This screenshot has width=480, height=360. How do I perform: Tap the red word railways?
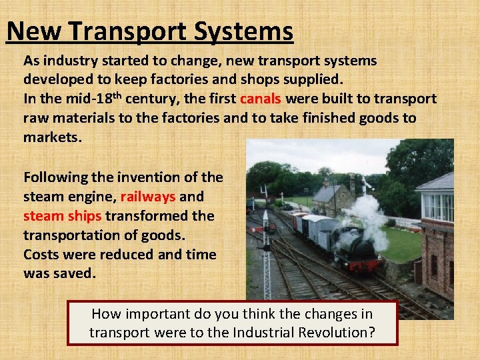coord(148,197)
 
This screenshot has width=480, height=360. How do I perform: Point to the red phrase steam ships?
coord(63,216)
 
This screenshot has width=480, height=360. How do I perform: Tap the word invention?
coord(152,177)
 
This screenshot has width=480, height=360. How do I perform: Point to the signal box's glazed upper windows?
coord(437,207)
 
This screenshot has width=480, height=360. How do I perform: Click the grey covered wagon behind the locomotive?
coord(316,230)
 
